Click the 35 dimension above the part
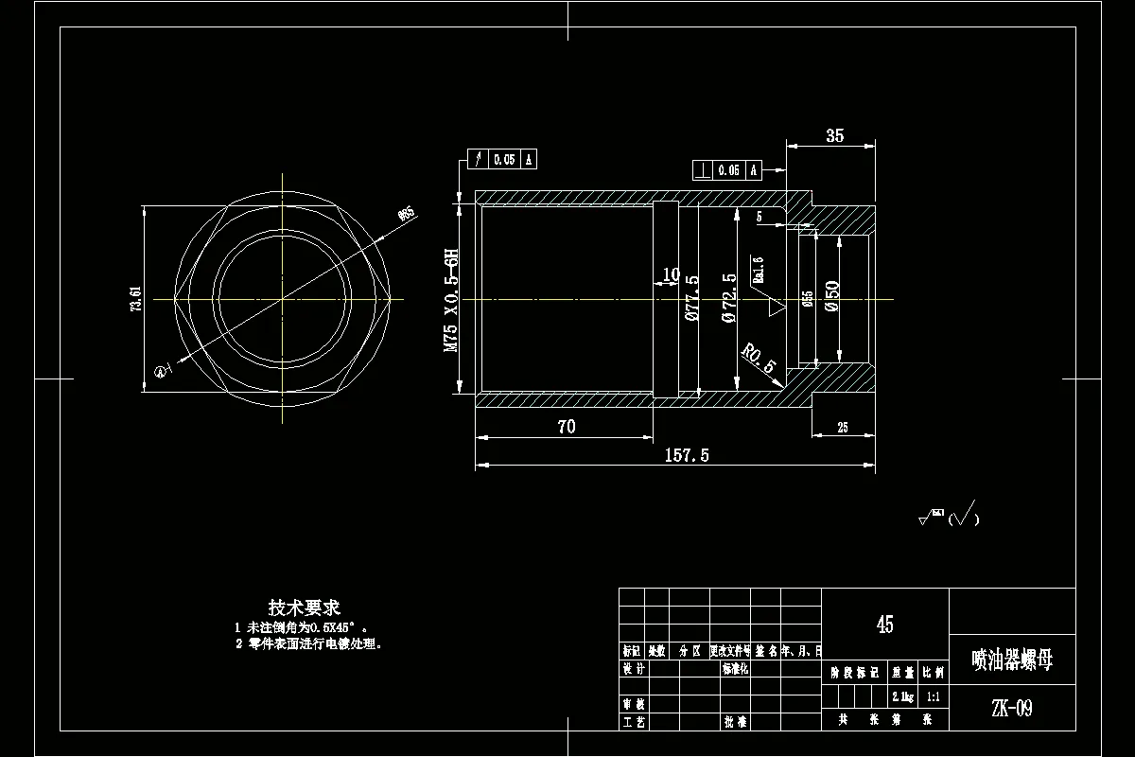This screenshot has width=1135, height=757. pyautogui.click(x=834, y=136)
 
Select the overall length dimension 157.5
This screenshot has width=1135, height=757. pyautogui.click(x=688, y=455)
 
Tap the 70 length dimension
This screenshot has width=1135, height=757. pyautogui.click(x=566, y=427)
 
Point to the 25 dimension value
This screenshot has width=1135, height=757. pyautogui.click(x=843, y=428)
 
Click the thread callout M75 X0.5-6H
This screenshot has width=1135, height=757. pyautogui.click(x=452, y=300)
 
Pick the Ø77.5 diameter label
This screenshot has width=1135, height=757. pyautogui.click(x=691, y=298)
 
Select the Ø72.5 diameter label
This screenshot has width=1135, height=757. pyautogui.click(x=728, y=298)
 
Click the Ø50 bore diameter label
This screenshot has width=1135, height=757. pyautogui.click(x=832, y=296)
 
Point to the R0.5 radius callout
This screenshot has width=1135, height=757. pyautogui.click(x=758, y=359)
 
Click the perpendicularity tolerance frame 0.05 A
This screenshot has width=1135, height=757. pyautogui.click(x=727, y=170)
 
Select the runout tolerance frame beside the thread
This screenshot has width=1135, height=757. pyautogui.click(x=502, y=159)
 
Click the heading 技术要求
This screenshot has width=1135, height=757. pyautogui.click(x=304, y=607)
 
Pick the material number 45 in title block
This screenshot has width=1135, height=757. pyautogui.click(x=884, y=624)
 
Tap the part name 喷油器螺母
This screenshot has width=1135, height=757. pyautogui.click(x=1011, y=660)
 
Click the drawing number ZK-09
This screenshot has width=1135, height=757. pyautogui.click(x=1011, y=708)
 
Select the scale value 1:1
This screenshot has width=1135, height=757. pyautogui.click(x=934, y=696)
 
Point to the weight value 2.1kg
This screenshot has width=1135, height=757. pyautogui.click(x=902, y=696)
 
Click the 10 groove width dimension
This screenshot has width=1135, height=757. pyautogui.click(x=671, y=275)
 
